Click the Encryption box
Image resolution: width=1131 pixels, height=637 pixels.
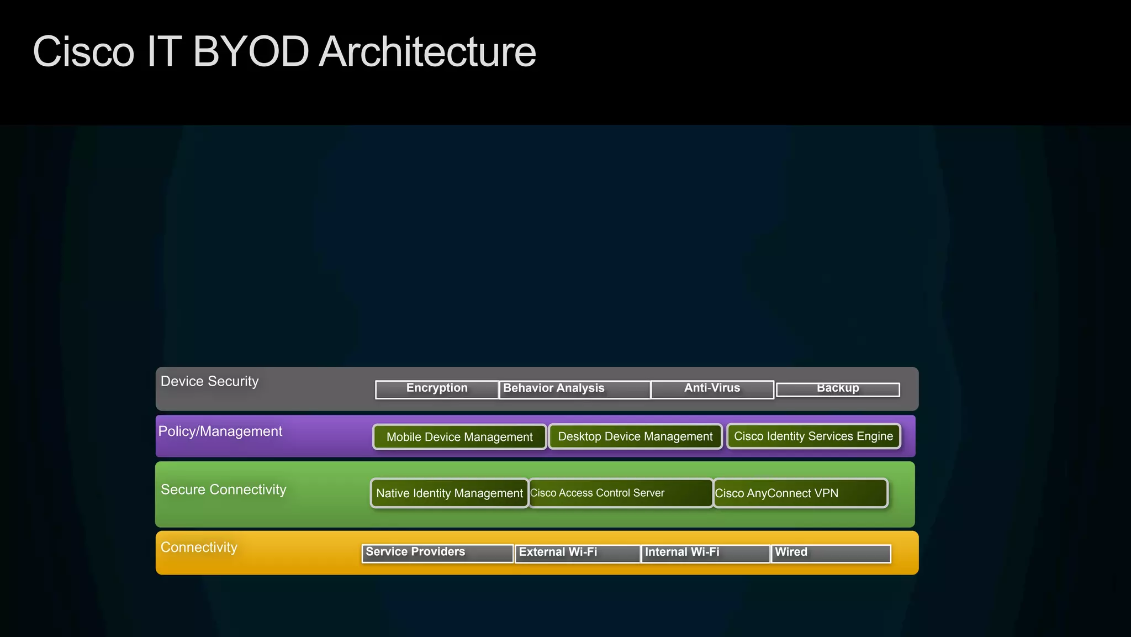(437, 389)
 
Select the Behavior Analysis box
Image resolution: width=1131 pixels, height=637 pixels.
(574, 389)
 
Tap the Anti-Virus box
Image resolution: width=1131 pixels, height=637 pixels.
(712, 389)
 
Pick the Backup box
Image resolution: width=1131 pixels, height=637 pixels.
(838, 389)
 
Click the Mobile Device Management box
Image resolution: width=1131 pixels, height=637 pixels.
(459, 437)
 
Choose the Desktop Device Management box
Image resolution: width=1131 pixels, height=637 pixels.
(635, 436)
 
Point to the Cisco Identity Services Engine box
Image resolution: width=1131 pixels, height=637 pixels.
(813, 436)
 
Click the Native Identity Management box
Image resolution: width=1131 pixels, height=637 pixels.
(450, 493)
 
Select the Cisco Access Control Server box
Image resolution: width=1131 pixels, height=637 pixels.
(621, 493)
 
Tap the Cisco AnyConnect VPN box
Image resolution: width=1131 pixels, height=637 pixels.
(800, 493)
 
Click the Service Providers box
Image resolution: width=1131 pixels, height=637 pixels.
(437, 553)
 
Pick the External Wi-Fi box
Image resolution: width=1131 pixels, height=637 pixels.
(578, 553)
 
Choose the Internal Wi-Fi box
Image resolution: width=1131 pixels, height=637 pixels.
(705, 553)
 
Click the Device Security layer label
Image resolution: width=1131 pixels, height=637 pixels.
(209, 382)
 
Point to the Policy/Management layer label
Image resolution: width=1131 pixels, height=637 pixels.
(220, 431)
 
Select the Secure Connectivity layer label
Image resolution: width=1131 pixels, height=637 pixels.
(223, 490)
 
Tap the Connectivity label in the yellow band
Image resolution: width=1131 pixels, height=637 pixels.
(199, 547)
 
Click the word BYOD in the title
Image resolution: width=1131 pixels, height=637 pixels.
(251, 52)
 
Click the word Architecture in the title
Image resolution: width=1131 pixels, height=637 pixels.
(427, 52)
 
